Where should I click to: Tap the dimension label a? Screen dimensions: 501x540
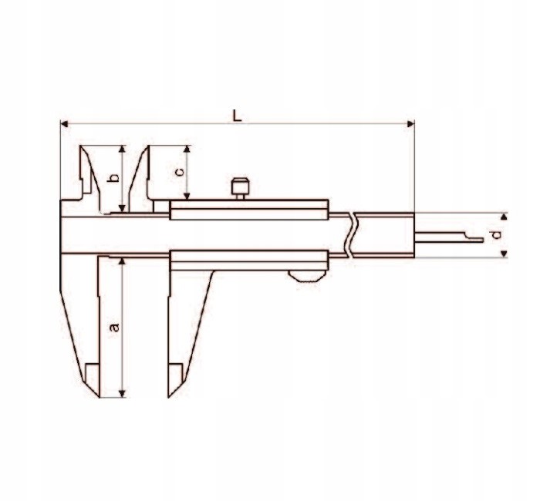115,327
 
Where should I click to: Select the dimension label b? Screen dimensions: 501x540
113,179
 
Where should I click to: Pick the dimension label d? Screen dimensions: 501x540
498,234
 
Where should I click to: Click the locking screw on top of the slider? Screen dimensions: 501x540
241,186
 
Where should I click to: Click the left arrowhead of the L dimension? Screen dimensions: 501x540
64,123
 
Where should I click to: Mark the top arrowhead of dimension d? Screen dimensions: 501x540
505,217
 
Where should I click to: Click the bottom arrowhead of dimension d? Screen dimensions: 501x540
505,252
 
